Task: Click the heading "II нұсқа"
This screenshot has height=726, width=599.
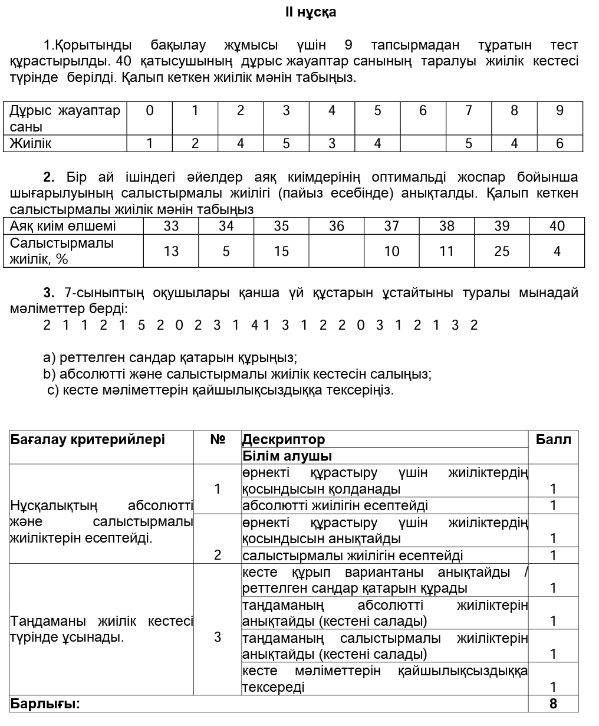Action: (x=311, y=12)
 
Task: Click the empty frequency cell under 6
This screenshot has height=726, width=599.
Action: (x=423, y=143)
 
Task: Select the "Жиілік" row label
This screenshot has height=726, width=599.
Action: (x=31, y=143)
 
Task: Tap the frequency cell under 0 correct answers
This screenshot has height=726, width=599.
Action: (x=150, y=143)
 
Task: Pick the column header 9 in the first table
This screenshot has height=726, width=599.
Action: (x=559, y=110)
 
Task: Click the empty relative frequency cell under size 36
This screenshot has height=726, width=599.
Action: (x=336, y=251)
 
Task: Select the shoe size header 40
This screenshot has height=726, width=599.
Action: (x=557, y=226)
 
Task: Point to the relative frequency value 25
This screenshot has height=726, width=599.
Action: (x=502, y=251)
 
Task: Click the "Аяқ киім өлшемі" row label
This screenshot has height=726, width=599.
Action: (x=63, y=226)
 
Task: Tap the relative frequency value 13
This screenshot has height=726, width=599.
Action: (x=171, y=251)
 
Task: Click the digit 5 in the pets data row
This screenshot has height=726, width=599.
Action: (x=141, y=325)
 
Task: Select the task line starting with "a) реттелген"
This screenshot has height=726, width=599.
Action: (x=170, y=357)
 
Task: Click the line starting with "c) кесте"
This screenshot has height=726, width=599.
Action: (x=220, y=390)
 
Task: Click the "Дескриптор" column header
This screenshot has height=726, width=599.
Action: (x=284, y=439)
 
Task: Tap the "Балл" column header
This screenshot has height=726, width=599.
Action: (x=553, y=439)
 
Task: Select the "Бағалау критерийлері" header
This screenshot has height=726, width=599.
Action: (x=87, y=439)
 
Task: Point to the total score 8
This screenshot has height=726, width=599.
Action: (x=553, y=704)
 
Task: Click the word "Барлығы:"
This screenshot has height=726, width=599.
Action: (x=45, y=704)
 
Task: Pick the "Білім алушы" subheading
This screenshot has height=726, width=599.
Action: (x=287, y=456)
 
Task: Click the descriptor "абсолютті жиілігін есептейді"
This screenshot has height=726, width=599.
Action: (x=335, y=505)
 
